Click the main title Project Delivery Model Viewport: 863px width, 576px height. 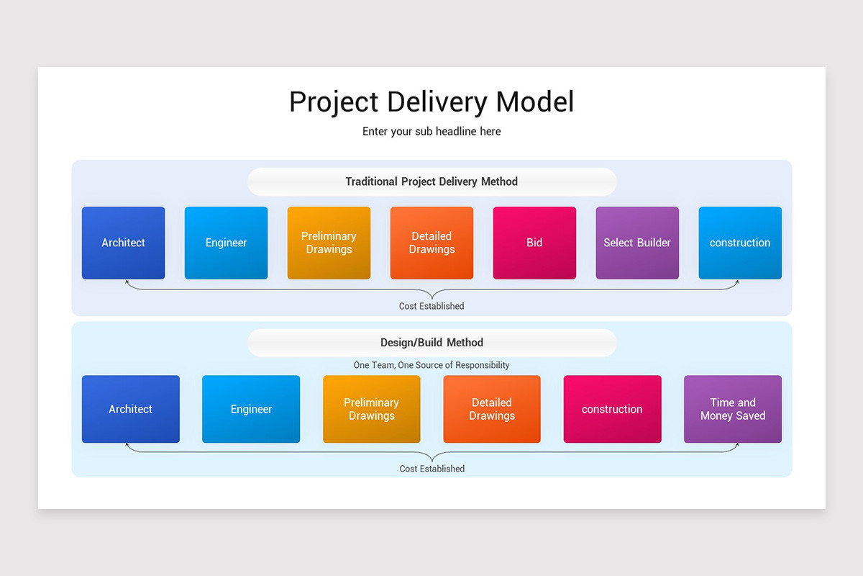point(431,102)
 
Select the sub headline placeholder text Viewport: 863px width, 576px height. point(431,132)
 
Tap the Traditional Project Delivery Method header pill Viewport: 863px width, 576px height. point(431,181)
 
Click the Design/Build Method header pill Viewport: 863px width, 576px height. point(431,343)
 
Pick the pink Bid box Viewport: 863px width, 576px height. point(534,243)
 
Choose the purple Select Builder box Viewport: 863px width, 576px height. point(637,243)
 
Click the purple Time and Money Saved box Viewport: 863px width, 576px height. point(732,409)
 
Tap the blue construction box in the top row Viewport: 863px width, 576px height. point(740,243)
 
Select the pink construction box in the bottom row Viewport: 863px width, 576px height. point(612,409)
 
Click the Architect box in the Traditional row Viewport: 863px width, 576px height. point(123,243)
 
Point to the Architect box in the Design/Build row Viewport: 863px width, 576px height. point(130,409)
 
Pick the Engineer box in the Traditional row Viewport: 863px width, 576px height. point(226,243)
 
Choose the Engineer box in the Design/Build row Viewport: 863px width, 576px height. point(251,409)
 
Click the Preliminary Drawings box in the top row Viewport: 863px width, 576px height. point(329,243)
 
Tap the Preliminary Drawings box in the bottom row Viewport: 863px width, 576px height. point(371,409)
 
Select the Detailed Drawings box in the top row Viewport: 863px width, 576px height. point(431,243)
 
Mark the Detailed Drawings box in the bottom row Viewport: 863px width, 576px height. point(492,409)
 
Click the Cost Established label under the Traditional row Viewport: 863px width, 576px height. point(431,306)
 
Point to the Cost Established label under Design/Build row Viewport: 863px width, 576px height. point(431,469)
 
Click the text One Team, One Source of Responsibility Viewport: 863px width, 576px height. point(431,365)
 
